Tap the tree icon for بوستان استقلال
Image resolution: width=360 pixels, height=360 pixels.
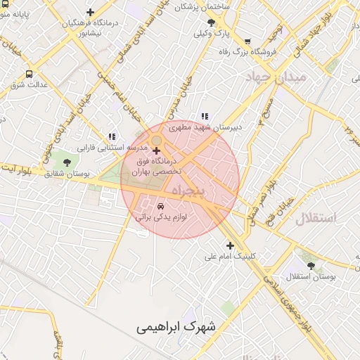pyautogui.click(x=311, y=266)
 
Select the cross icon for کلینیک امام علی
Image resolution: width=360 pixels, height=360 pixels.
pyautogui.click(x=230, y=245)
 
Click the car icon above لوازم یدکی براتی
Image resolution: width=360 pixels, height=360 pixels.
pyautogui.click(x=161, y=207)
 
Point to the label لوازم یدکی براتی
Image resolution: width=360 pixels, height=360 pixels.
pyautogui.click(x=161, y=218)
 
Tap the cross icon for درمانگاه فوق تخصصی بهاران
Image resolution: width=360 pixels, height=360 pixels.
pyautogui.click(x=156, y=150)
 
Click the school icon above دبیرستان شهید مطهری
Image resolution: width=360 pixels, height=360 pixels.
pyautogui.click(x=205, y=116)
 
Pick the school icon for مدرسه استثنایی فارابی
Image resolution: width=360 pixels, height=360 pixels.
pyautogui.click(x=112, y=136)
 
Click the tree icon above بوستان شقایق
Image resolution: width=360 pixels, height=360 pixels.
pyautogui.click(x=67, y=162)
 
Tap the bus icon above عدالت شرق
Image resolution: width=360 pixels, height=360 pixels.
pyautogui.click(x=30, y=74)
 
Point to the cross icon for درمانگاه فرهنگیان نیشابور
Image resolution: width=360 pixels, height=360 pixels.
pyautogui.click(x=90, y=12)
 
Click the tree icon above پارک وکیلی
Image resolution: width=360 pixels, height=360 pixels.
pyautogui.click(x=211, y=22)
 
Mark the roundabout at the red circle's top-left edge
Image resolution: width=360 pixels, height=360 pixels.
pyautogui.click(x=155, y=141)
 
